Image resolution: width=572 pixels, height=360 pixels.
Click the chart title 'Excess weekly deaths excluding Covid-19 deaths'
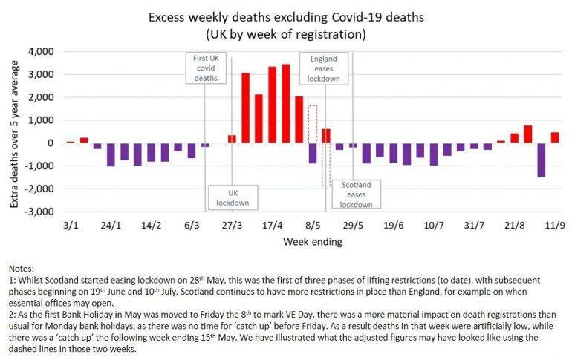pyautogui.click(x=286, y=16)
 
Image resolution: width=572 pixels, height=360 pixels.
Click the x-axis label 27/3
pyautogui.click(x=232, y=226)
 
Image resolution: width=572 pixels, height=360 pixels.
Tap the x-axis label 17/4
pyautogui.click(x=273, y=226)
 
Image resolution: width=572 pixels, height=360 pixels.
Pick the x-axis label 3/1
pyautogui.click(x=71, y=226)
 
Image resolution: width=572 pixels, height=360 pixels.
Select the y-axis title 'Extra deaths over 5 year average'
pyautogui.click(x=14, y=131)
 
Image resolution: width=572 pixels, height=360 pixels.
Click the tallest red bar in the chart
pyautogui.click(x=286, y=103)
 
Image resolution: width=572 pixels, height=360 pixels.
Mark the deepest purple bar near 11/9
pyautogui.click(x=541, y=160)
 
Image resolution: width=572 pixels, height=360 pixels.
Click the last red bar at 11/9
pyautogui.click(x=554, y=137)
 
